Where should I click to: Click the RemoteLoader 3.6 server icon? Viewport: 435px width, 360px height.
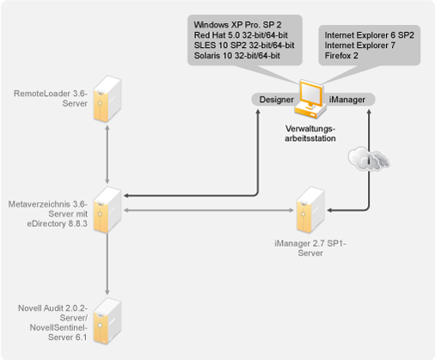point(107,99)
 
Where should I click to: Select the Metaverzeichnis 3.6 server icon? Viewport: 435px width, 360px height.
point(107,210)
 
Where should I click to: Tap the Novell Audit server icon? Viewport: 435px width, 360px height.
point(107,320)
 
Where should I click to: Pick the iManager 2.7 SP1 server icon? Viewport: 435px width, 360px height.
point(310,210)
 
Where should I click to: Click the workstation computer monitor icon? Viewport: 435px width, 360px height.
point(310,99)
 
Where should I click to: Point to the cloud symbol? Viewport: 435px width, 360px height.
point(369,159)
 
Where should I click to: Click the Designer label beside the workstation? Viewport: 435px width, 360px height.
point(276,100)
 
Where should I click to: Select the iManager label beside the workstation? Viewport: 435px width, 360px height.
point(346,100)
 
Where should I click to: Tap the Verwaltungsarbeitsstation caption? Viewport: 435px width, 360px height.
point(310,133)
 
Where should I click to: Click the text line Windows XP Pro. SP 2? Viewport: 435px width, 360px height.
point(237,25)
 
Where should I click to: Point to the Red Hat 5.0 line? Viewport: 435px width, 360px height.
point(241,35)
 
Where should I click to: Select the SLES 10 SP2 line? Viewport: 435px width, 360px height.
point(244,46)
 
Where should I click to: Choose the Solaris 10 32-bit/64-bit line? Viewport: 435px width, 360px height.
point(237,56)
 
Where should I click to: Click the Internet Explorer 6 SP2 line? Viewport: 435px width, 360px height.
point(370,35)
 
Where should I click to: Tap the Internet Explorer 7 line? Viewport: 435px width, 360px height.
point(360,46)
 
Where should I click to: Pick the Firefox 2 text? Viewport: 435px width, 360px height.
point(341,56)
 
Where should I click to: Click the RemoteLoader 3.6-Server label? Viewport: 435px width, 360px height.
point(51,99)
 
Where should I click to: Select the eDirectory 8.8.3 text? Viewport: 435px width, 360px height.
point(58,223)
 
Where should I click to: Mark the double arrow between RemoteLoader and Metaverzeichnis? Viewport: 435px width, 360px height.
point(107,155)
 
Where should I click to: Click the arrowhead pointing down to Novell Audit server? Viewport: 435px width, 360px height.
point(107,291)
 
